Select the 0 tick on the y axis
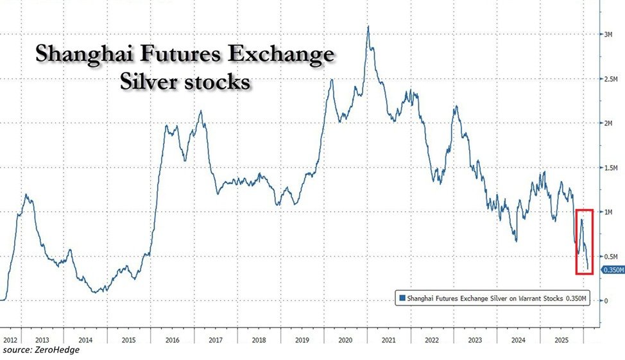[x=605, y=300]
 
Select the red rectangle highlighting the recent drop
[x=584, y=241]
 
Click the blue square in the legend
[x=403, y=297]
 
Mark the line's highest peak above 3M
[x=368, y=27]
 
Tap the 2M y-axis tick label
[x=608, y=123]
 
